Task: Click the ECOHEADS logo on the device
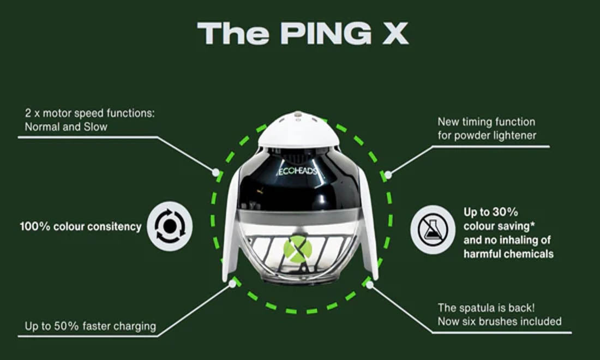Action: [x=298, y=171]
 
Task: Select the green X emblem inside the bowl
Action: [x=297, y=249]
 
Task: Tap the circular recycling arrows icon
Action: [x=170, y=226]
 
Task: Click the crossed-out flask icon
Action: [x=433, y=230]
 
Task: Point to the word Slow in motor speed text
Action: [x=95, y=127]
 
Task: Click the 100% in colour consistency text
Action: [x=35, y=226]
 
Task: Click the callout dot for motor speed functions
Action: [x=216, y=172]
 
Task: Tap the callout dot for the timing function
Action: [x=388, y=175]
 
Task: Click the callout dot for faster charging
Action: [x=232, y=284]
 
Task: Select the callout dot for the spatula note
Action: [x=369, y=285]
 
